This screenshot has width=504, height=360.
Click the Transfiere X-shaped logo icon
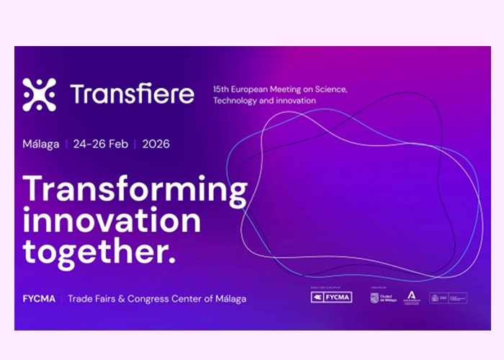pyautogui.click(x=39, y=94)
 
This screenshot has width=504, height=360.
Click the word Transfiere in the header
pyautogui.click(x=132, y=94)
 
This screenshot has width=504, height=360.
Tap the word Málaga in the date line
pyautogui.click(x=40, y=143)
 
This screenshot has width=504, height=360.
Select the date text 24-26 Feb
pyautogui.click(x=100, y=143)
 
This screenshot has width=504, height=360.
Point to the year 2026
pyautogui.click(x=156, y=143)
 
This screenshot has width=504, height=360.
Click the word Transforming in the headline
pyautogui.click(x=135, y=189)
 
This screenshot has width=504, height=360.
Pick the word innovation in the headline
pyautogui.click(x=112, y=220)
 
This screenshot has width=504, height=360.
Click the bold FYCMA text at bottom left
pyautogui.click(x=37, y=298)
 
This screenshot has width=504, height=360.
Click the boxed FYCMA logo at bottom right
pyautogui.click(x=331, y=297)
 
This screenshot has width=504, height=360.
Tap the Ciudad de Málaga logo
pyautogui.click(x=382, y=297)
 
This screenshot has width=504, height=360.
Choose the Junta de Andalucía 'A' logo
pyautogui.click(x=412, y=297)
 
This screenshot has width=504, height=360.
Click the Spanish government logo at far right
pyautogui.click(x=448, y=297)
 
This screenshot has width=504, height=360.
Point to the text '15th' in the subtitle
pyautogui.click(x=221, y=89)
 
